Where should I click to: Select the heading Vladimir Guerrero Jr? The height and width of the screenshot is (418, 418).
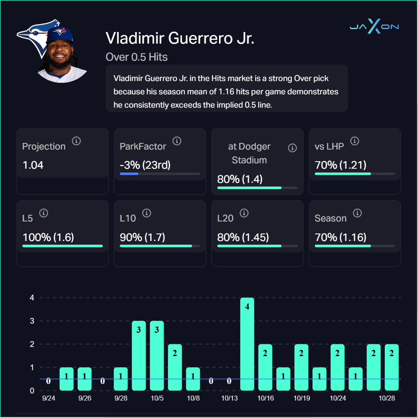[x=180, y=38]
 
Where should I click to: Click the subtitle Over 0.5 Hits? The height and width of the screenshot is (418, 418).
[x=137, y=57]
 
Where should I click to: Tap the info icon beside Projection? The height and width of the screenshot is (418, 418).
[x=76, y=141]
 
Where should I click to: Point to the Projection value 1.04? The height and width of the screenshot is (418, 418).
[x=33, y=165]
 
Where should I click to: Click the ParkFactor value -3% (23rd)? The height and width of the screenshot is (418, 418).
[x=145, y=165]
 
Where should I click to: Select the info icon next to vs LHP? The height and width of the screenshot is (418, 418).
[x=354, y=141]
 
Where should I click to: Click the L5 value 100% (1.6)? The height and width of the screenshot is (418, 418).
[x=48, y=237]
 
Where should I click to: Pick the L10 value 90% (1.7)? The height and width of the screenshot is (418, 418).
[x=143, y=237]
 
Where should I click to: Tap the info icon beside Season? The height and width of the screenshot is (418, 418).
[x=357, y=213]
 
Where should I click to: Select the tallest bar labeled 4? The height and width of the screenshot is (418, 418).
[x=247, y=344]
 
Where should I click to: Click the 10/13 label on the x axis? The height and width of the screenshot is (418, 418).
[x=229, y=398]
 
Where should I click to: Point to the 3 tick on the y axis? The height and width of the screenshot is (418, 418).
[x=31, y=321]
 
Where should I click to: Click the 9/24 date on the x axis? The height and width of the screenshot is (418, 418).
[x=49, y=398]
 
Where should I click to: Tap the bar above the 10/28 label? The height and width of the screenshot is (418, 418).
[x=392, y=367]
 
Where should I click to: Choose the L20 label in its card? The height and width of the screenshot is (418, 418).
[x=225, y=218]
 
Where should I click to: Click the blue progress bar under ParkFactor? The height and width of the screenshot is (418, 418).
[x=129, y=174]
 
